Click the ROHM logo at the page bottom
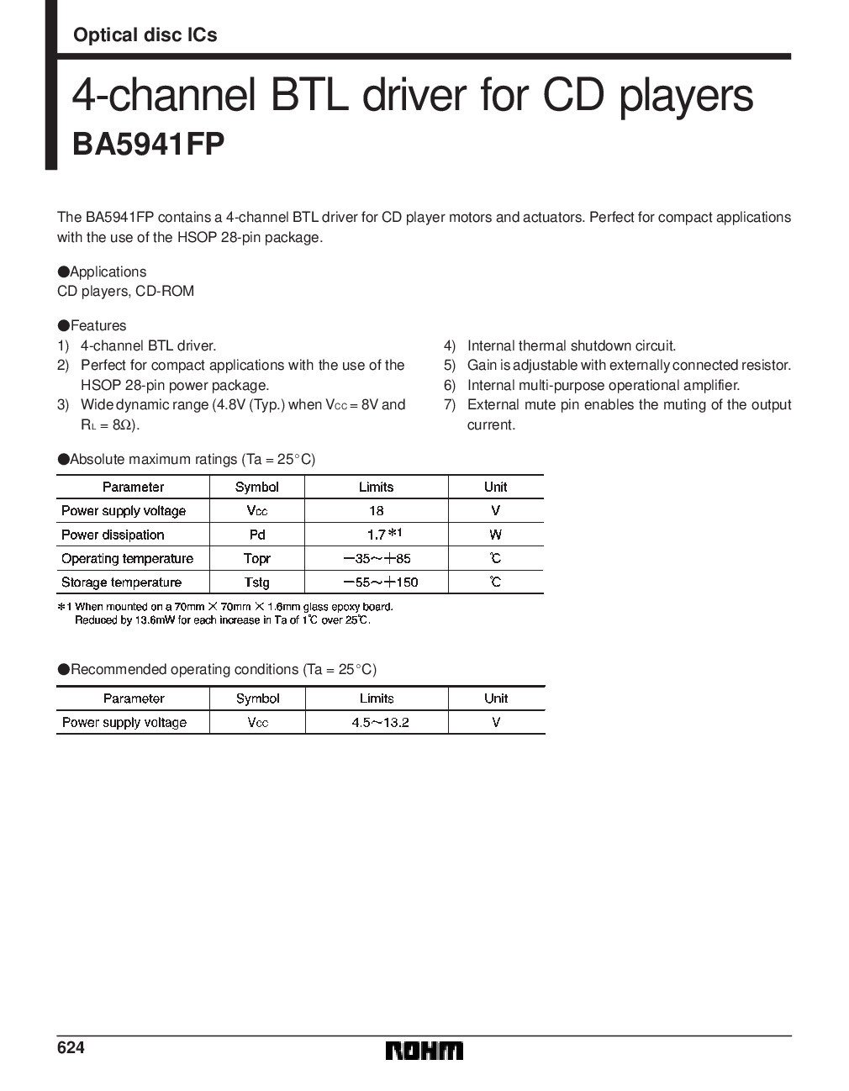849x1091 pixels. click(x=424, y=1051)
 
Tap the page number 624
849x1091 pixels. click(x=71, y=1048)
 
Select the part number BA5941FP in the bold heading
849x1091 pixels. click(x=149, y=144)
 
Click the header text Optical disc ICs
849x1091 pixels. click(x=145, y=34)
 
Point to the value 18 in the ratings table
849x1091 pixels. click(x=376, y=510)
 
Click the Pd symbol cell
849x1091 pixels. click(x=256, y=535)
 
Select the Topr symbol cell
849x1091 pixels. click(x=256, y=558)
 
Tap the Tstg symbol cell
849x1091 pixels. click(x=256, y=582)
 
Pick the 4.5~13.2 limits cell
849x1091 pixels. click(x=380, y=722)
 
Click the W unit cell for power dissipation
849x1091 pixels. click(x=495, y=535)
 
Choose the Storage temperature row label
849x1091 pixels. click(x=121, y=582)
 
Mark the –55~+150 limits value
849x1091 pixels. click(x=380, y=582)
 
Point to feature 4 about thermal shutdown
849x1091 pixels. click(x=571, y=345)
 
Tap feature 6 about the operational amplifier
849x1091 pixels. click(x=603, y=385)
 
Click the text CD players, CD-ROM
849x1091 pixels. click(x=125, y=292)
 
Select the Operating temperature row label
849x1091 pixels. click(x=127, y=558)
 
